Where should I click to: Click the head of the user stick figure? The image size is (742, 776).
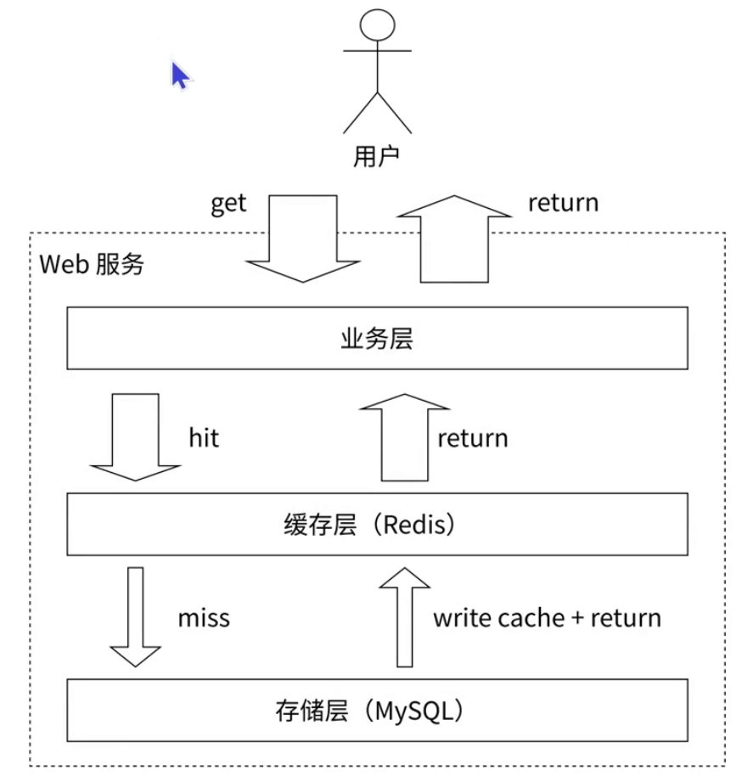point(377,23)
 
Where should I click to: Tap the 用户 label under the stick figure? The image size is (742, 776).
point(377,157)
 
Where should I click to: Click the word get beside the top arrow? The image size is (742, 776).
point(228,204)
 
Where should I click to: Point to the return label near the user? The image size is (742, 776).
point(563,204)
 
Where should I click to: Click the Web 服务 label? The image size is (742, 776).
point(92,264)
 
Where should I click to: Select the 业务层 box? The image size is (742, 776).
point(377,338)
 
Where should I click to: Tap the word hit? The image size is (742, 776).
point(204,437)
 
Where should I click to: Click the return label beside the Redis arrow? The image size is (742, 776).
point(473,438)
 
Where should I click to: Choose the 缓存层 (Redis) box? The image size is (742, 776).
point(377,525)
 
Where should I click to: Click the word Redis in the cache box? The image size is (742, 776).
point(413,525)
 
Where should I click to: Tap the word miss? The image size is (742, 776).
point(204,617)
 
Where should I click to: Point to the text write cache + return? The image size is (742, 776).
point(547,617)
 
